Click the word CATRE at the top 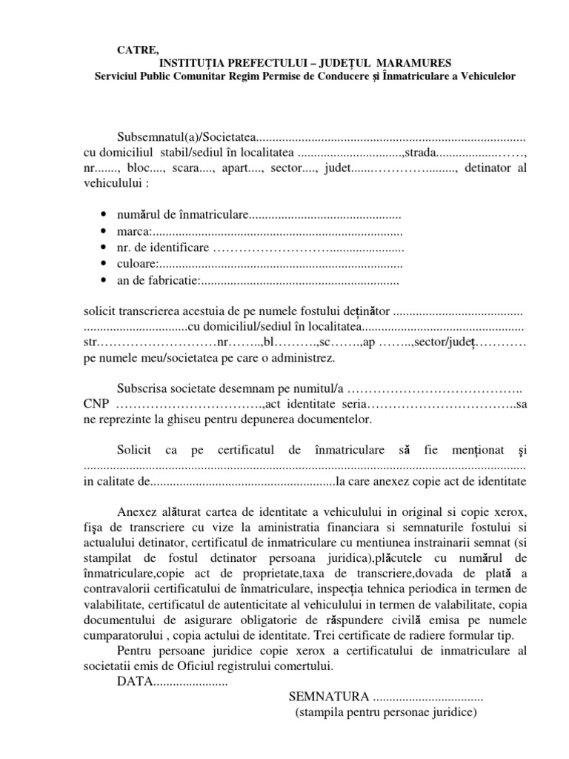click(x=138, y=50)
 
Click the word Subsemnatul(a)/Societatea click(x=185, y=139)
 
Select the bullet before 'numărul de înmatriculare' click(x=102, y=215)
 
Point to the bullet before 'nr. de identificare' click(x=102, y=248)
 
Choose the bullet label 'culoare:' click(x=138, y=264)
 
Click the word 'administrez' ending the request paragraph click(x=303, y=357)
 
